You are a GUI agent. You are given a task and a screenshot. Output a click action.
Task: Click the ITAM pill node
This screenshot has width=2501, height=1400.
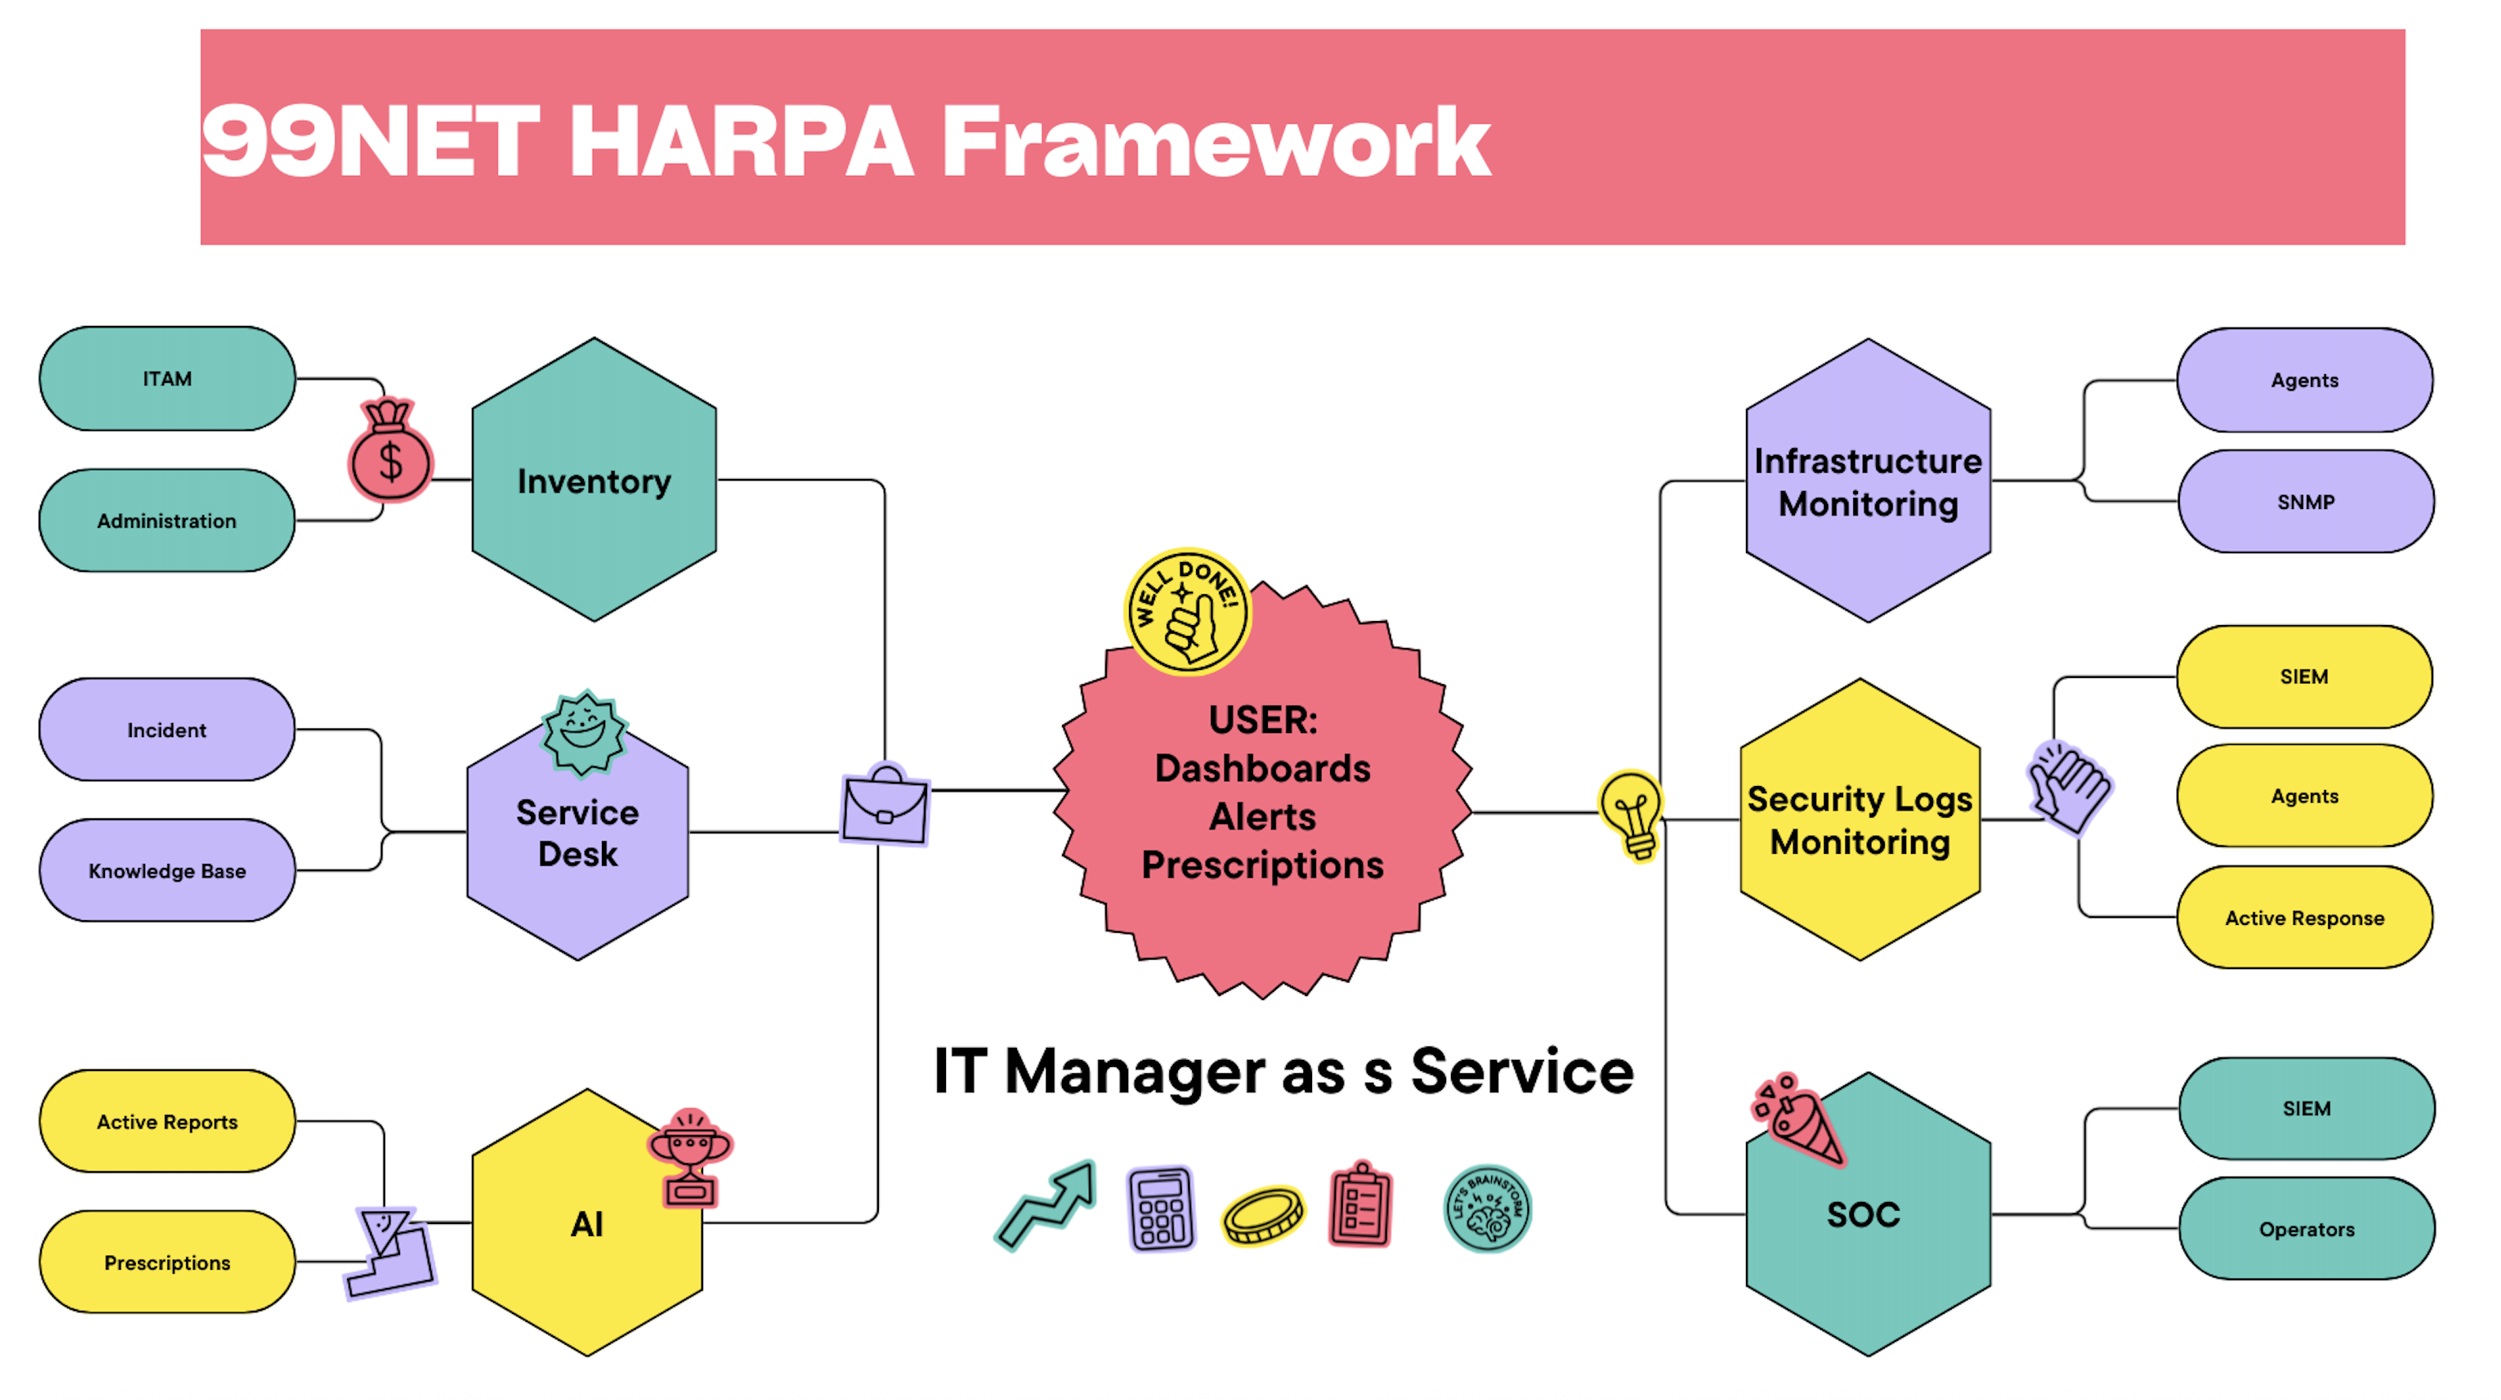pos(167,379)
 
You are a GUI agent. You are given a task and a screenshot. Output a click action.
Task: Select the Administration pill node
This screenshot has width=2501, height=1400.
pos(167,520)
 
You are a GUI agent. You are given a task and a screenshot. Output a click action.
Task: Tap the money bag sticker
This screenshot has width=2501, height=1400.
pos(391,452)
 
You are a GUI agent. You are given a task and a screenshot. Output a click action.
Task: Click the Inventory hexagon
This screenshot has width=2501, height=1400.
pos(594,480)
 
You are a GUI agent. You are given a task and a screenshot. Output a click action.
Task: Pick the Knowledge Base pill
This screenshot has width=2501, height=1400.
pos(167,871)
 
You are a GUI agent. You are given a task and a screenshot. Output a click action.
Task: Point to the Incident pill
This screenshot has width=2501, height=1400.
pos(167,730)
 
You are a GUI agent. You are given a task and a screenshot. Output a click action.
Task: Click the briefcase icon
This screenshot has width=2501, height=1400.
pos(885,805)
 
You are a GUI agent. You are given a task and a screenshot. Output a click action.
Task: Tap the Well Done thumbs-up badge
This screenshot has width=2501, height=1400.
pos(1187,612)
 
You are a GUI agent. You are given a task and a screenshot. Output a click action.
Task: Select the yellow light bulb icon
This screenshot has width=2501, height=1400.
pos(1633,814)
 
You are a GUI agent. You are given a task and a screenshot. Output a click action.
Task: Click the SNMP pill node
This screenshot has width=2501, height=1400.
pos(2306,502)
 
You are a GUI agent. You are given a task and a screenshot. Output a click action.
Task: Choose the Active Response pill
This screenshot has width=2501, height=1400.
pos(2304,918)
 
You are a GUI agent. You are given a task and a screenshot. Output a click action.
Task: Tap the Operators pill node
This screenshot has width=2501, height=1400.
pos(2307,1229)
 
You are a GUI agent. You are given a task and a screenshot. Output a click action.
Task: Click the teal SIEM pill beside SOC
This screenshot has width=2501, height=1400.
pos(2307,1109)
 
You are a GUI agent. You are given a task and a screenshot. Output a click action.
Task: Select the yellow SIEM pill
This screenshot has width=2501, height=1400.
pos(2304,676)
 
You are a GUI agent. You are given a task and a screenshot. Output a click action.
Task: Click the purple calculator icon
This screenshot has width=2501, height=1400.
pos(1161,1210)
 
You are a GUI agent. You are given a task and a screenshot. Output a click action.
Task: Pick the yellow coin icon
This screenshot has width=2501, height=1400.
pos(1263,1214)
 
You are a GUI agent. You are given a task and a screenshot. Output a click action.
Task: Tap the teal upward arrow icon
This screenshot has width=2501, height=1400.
pos(1047,1203)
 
